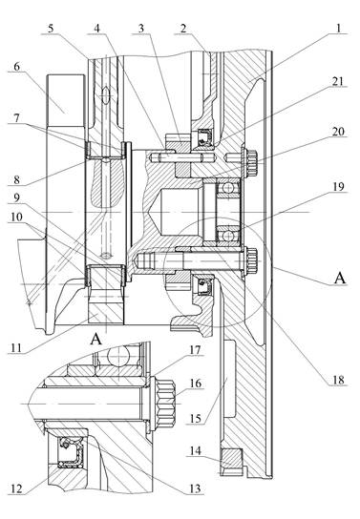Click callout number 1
(x=338, y=28)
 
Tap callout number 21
(x=338, y=81)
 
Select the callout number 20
(x=338, y=132)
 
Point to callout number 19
(x=338, y=187)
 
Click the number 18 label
(x=338, y=380)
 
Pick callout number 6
(x=16, y=66)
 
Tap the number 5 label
(x=51, y=28)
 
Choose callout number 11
(x=16, y=348)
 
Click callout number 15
(x=196, y=419)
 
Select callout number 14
(x=196, y=450)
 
